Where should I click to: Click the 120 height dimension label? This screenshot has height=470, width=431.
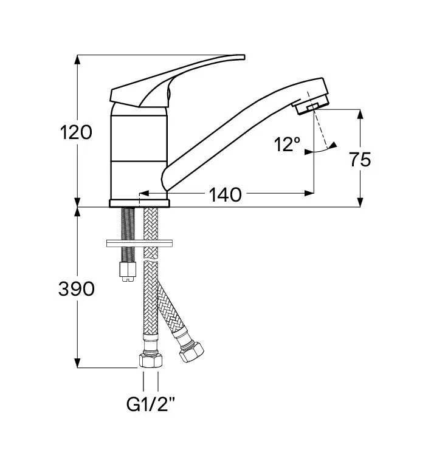[76, 132]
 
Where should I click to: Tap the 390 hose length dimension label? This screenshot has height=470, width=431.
[76, 289]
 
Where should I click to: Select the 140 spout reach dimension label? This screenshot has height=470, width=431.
[225, 195]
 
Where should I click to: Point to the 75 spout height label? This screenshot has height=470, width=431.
[360, 160]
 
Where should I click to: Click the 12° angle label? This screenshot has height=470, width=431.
[287, 144]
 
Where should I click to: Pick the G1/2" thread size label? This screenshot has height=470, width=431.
[150, 404]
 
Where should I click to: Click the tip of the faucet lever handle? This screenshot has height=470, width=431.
[244, 57]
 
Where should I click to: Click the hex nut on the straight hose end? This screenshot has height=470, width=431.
[150, 360]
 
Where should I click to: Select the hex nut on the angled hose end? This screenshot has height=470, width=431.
[191, 352]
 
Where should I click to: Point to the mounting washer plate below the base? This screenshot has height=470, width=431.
[140, 243]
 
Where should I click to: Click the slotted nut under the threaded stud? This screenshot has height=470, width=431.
[128, 271]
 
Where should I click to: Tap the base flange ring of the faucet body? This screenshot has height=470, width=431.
[139, 203]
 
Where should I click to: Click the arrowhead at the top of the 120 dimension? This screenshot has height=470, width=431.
[77, 60]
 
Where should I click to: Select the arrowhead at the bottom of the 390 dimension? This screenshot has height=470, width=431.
[77, 363]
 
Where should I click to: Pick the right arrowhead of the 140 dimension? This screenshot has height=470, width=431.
[309, 193]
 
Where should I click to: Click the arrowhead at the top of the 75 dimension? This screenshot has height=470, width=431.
[360, 114]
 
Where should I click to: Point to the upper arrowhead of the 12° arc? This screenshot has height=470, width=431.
[333, 145]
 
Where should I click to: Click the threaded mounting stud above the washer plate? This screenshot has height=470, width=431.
[128, 223]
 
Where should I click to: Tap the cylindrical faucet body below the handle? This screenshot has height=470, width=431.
[139, 153]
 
